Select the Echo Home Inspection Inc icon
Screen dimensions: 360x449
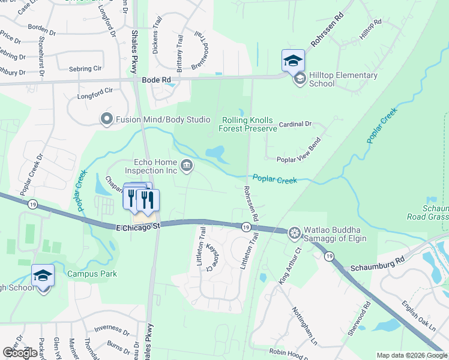[187, 164]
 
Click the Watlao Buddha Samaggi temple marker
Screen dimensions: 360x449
[294, 232]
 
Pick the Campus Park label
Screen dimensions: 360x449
[92, 274]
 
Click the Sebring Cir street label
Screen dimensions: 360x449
[85, 69]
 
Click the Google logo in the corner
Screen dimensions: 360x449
[20, 353]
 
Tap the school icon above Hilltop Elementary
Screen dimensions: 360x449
[293, 61]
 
